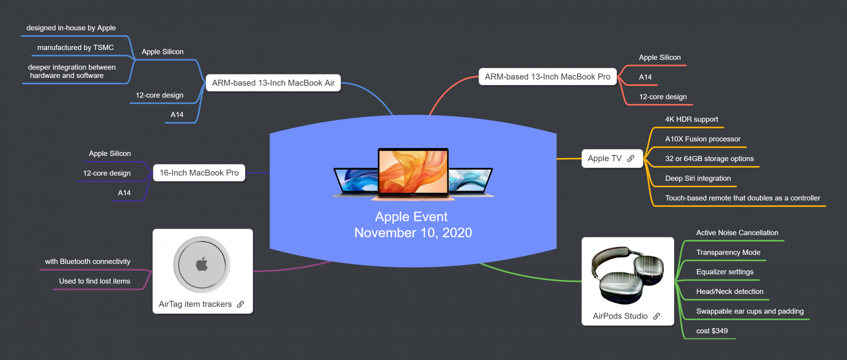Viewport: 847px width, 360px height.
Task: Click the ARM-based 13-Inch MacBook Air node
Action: tap(273, 83)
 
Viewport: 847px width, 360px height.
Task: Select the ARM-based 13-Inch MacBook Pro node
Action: tap(547, 77)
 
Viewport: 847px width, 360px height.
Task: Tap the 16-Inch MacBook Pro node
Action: tap(199, 173)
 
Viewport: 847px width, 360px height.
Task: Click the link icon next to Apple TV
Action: tap(631, 158)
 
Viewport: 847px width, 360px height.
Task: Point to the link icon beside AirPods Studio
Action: tap(656, 316)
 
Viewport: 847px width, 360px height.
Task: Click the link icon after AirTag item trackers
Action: tap(241, 304)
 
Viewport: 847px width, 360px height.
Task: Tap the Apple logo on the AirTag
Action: tap(202, 264)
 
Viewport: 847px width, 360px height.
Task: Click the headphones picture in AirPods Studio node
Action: tap(627, 275)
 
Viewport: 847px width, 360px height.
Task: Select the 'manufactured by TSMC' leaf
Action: tap(75, 47)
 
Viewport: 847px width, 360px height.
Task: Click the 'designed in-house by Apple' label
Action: tap(71, 28)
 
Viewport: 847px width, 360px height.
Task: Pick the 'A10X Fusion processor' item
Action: tap(703, 139)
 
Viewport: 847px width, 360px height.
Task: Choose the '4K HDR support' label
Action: tap(691, 119)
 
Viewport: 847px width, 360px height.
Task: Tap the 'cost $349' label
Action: tap(711, 331)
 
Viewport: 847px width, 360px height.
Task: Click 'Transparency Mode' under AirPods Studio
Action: tap(728, 252)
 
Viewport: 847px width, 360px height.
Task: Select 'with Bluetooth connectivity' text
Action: tap(88, 261)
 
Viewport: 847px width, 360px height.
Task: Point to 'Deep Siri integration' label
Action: tap(698, 178)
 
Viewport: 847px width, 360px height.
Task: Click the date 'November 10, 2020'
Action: tap(413, 233)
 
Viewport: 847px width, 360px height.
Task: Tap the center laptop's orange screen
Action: tap(413, 171)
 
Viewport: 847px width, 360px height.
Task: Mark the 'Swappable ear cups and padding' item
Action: tap(750, 311)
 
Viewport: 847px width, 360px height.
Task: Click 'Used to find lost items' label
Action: tap(94, 281)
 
